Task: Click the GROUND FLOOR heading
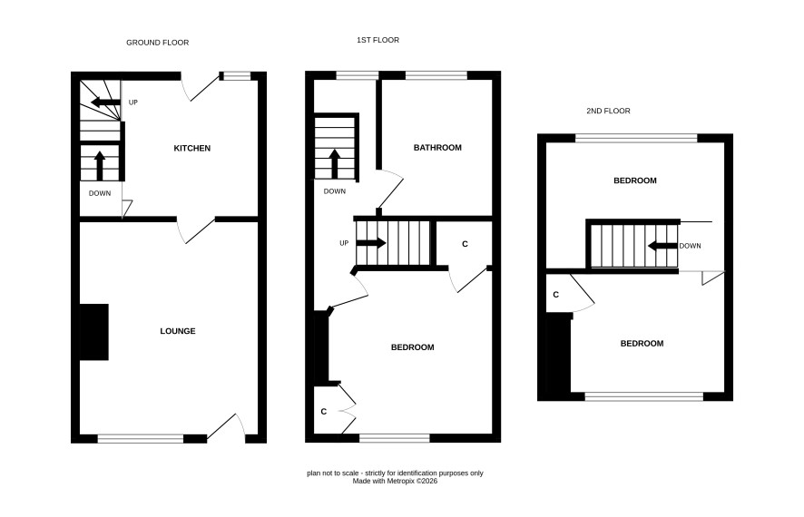[x=157, y=43]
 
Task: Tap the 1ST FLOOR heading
[x=377, y=40]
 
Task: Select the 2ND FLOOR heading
[x=608, y=111]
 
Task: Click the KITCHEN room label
[x=192, y=148]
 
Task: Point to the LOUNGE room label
[x=178, y=331]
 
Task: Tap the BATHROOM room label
[x=437, y=148]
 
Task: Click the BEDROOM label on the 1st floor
[x=412, y=347]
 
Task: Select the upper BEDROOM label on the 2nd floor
[x=635, y=180]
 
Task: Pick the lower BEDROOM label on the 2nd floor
[x=642, y=343]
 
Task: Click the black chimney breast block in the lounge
[x=93, y=332]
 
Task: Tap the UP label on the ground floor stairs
[x=133, y=102]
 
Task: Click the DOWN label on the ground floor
[x=100, y=193]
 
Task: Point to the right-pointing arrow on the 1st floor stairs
[x=371, y=243]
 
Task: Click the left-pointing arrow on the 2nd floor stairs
[x=662, y=246]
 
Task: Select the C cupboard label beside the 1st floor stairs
[x=466, y=244]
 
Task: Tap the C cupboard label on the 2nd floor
[x=556, y=295]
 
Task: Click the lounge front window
[x=141, y=439]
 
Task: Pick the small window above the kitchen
[x=235, y=76]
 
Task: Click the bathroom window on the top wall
[x=436, y=76]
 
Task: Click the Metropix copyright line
[x=395, y=481]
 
